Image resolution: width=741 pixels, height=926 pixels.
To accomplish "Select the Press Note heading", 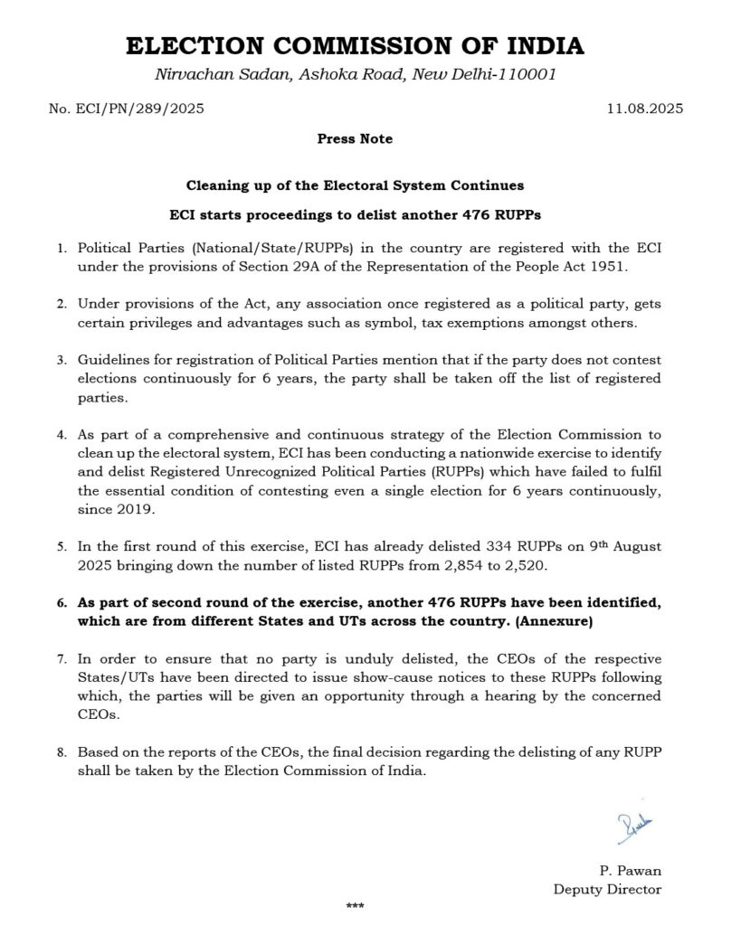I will point(355,139).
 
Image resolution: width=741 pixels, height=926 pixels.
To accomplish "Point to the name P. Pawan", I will point(630,871).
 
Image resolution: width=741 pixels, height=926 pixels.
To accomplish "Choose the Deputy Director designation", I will point(607,889).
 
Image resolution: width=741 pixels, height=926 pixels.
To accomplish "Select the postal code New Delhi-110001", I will point(483,73).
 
